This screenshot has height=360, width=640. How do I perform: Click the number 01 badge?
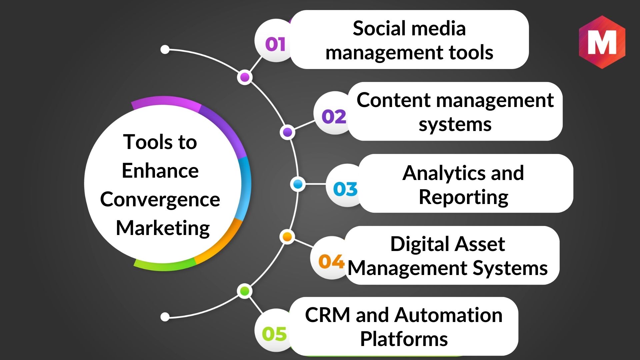click(x=275, y=44)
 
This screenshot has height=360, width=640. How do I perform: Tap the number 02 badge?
click(x=334, y=117)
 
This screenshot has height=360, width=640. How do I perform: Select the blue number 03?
click(x=345, y=189)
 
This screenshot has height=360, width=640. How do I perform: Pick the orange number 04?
click(x=331, y=261)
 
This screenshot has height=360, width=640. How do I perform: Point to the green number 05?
click(x=274, y=334)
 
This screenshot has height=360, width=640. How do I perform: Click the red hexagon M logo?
click(x=602, y=42)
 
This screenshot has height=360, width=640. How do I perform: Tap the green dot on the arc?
click(x=245, y=291)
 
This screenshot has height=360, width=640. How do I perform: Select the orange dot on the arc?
click(x=287, y=237)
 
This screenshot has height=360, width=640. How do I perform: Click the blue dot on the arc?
click(x=298, y=184)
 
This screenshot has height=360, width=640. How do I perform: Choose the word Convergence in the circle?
click(x=160, y=200)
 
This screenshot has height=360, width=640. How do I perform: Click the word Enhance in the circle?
click(x=160, y=171)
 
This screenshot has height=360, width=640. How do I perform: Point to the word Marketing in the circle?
click(x=163, y=228)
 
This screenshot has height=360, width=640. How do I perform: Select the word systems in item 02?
click(x=455, y=124)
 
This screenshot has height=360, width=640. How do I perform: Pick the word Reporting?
click(x=463, y=197)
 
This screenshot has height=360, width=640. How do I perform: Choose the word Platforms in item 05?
click(x=404, y=339)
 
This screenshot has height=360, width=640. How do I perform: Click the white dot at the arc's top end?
click(x=165, y=50)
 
